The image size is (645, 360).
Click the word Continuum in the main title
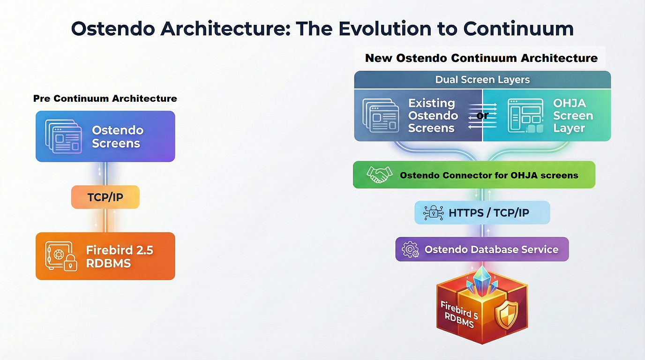click(x=518, y=29)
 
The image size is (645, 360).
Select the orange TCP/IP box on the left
click(x=105, y=197)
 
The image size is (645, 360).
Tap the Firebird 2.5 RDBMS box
click(x=105, y=256)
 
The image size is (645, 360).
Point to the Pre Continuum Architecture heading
click(x=105, y=98)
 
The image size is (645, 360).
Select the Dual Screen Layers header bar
click(x=482, y=80)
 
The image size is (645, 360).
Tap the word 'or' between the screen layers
click(x=482, y=115)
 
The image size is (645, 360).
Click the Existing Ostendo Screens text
click(x=432, y=116)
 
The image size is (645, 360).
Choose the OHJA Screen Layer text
click(x=572, y=116)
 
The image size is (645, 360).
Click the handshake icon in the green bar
click(x=380, y=175)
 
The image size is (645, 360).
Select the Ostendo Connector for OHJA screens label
click(x=488, y=175)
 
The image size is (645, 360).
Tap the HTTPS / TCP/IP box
click(x=482, y=213)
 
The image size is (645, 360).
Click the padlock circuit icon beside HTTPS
click(x=433, y=213)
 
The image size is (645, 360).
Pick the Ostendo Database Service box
click(x=482, y=249)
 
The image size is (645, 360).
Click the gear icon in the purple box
click(x=411, y=249)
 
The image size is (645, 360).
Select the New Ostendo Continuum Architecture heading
click(x=481, y=58)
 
